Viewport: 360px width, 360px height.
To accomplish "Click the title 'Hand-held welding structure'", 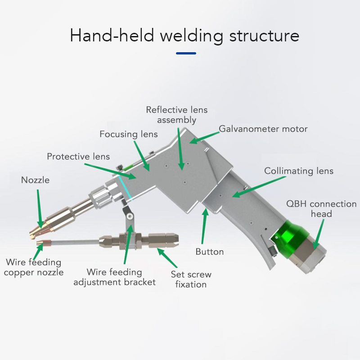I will pos(184,36).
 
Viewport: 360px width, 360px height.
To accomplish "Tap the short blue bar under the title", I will pos(186,53).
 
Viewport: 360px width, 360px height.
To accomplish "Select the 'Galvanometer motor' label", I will pos(263,129).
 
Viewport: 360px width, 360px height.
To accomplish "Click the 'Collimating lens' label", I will pos(299,171).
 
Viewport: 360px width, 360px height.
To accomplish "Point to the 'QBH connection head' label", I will pos(321,208).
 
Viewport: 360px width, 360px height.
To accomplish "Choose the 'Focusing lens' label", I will pos(129,134).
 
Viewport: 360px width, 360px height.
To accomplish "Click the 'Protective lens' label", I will pos(78,157).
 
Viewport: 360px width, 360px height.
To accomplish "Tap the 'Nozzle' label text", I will pos(35,180).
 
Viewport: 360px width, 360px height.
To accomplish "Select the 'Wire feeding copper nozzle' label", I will pos(34,267).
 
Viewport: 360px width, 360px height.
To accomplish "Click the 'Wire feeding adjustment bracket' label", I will pos(114,277).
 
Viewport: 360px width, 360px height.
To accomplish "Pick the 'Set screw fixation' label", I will pos(191,279).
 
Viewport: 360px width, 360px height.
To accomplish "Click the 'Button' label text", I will pos(210,252).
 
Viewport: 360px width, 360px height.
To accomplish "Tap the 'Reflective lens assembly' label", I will pos(177,115).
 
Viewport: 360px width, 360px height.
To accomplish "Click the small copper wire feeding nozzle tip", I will pos(40,245).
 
